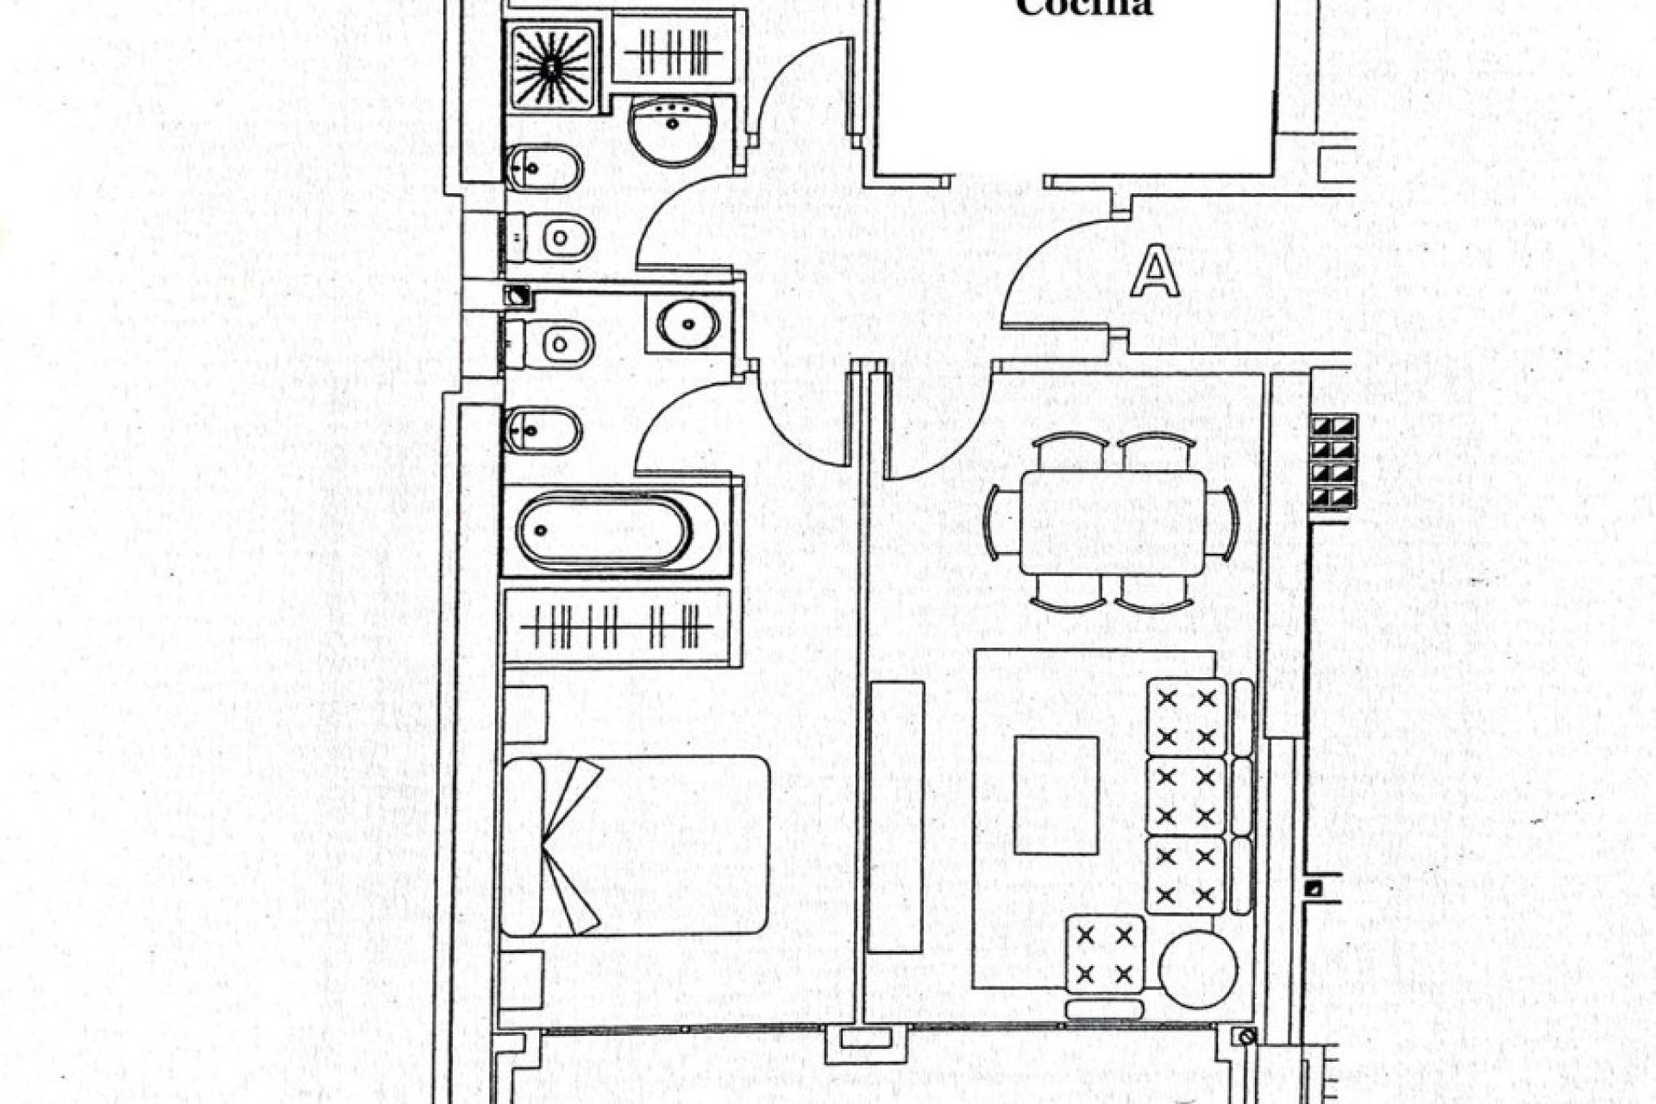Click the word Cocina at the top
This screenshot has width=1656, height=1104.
[1084, 8]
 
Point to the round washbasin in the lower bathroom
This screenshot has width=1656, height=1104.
[687, 323]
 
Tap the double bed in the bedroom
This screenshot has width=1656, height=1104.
[635, 846]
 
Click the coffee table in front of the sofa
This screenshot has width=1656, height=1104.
[1056, 794]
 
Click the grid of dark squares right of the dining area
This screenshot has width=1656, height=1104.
[1333, 462]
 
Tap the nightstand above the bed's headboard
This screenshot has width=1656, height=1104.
[524, 714]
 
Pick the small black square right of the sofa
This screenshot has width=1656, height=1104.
[1314, 890]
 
